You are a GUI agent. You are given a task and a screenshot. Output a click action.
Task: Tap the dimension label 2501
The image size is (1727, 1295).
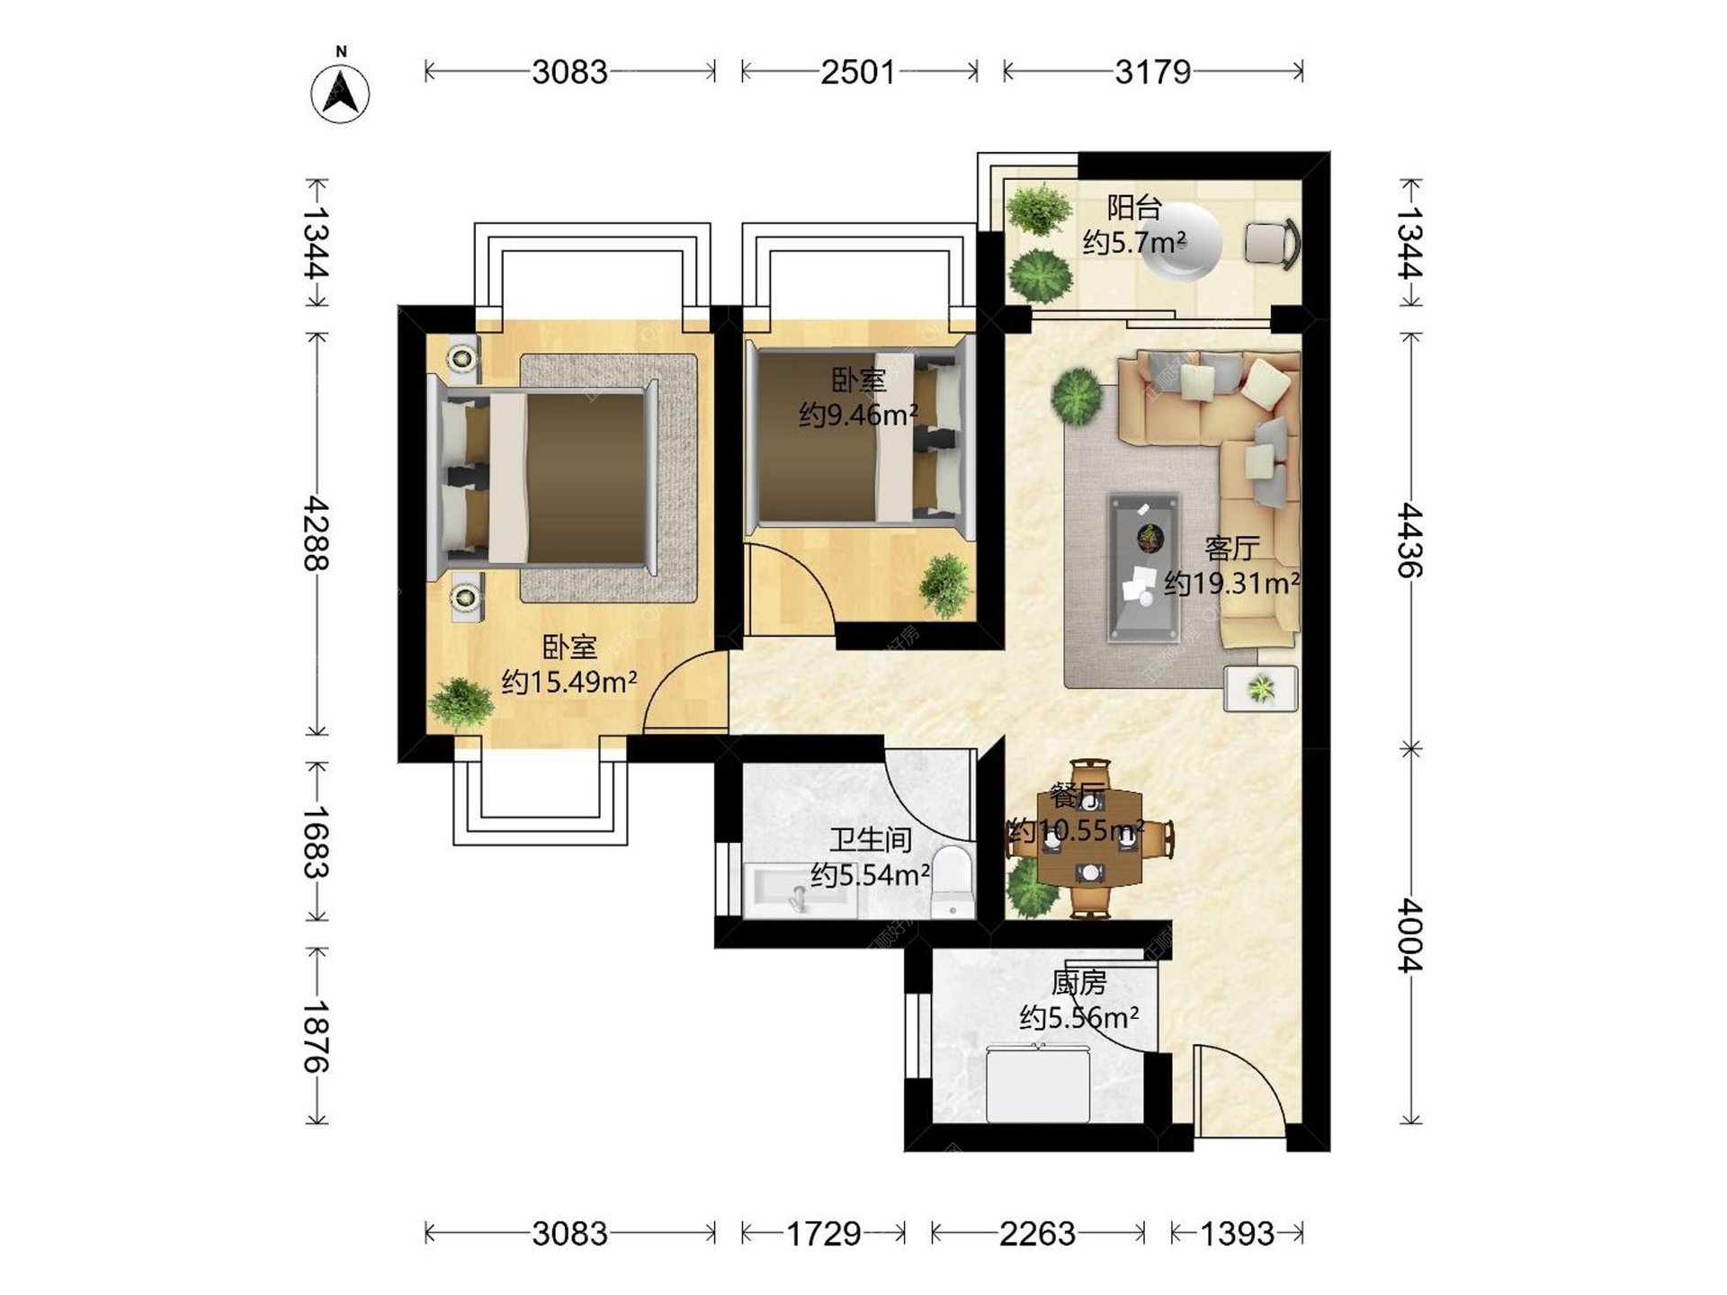point(858,72)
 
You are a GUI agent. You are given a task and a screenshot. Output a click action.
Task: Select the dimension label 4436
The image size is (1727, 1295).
point(1409,540)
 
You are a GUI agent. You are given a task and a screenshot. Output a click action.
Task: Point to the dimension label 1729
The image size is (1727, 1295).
point(824,1234)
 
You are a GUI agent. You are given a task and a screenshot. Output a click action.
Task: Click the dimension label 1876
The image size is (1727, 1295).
point(316,1036)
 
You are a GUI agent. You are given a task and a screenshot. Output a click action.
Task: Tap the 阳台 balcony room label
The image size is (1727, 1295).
point(1134,208)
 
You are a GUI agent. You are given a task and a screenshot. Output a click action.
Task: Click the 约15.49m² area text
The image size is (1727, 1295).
point(569,682)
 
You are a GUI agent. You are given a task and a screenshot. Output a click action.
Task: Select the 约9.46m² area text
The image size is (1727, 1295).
point(859,415)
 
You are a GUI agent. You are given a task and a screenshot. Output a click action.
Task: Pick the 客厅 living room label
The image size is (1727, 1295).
point(1231,548)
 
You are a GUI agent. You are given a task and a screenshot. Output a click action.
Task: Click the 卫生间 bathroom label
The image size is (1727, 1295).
point(871,840)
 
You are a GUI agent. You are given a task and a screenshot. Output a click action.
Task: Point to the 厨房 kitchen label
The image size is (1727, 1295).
point(1078,983)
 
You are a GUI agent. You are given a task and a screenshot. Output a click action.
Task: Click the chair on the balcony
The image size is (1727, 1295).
point(1273,243)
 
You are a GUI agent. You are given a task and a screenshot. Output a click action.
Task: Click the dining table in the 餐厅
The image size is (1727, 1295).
point(1090,839)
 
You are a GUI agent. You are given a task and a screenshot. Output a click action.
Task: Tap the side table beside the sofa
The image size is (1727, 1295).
point(1260,689)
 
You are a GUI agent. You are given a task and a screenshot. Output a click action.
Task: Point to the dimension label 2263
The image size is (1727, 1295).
point(1037,1234)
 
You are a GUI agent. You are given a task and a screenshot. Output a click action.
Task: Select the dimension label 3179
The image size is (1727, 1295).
point(1153,72)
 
